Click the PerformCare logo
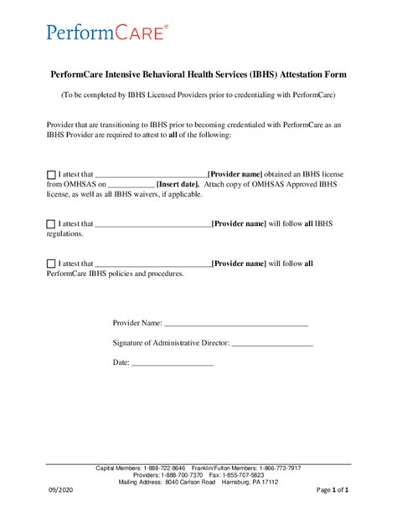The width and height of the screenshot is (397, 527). coord(97,33)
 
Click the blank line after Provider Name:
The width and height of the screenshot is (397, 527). coord(235,323)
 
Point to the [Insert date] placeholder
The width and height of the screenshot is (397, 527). coord(178,185)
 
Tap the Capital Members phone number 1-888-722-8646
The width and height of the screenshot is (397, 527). coord(164,468)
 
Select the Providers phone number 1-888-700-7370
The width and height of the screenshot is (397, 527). coord(180,474)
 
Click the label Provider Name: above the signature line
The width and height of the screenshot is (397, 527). coord(137,323)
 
